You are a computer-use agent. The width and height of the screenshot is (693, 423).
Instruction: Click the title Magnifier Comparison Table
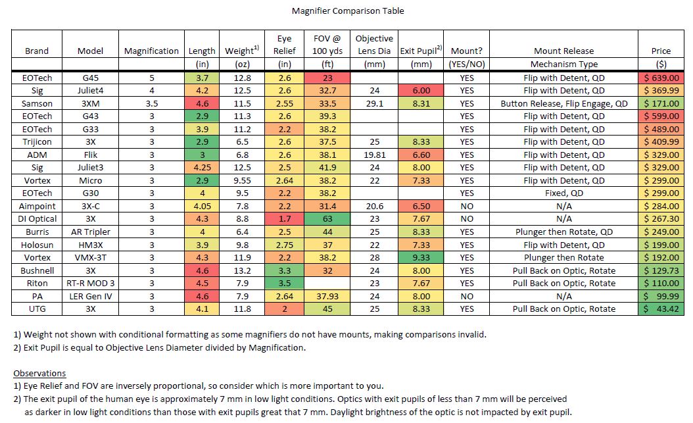click(348, 11)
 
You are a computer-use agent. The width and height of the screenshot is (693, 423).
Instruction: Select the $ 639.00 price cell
click(661, 78)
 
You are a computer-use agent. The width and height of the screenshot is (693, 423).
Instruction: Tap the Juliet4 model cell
click(90, 91)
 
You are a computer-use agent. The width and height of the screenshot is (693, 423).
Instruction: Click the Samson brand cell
click(37, 103)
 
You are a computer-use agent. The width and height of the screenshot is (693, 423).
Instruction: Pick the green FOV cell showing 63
click(327, 219)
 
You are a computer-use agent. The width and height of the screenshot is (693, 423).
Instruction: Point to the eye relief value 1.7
click(285, 219)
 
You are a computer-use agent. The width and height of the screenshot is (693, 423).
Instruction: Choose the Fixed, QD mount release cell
click(564, 193)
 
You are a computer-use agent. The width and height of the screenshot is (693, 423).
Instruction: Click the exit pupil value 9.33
click(421, 257)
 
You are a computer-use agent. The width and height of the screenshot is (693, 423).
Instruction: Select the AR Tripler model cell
click(90, 232)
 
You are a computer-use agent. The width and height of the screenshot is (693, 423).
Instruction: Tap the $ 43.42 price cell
click(661, 309)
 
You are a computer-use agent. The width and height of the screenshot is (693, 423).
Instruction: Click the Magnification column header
click(151, 51)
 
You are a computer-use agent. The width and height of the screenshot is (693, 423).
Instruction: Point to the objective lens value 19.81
click(374, 155)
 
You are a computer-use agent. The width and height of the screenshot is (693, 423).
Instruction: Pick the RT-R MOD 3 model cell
click(90, 284)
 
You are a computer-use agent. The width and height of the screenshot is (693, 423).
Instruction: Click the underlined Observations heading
click(39, 373)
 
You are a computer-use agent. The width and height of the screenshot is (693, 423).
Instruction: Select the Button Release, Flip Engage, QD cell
click(564, 103)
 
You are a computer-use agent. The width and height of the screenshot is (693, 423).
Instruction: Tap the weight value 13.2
click(242, 270)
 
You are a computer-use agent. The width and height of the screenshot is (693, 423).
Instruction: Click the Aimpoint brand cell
click(37, 206)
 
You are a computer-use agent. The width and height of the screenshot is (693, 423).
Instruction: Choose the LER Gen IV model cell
click(90, 296)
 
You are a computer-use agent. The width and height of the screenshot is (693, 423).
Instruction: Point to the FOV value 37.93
click(327, 296)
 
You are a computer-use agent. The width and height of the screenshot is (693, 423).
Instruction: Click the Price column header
click(661, 51)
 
